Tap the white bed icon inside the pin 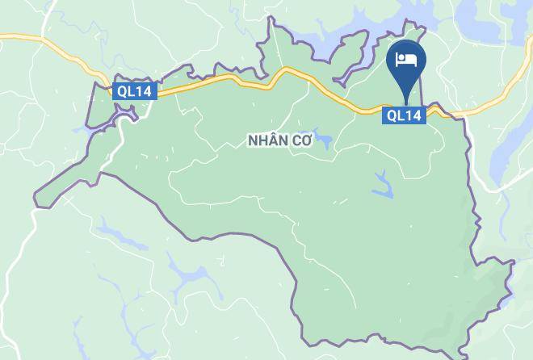pos(405,60)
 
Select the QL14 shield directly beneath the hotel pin pos(403,115)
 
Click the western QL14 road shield pos(135,91)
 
